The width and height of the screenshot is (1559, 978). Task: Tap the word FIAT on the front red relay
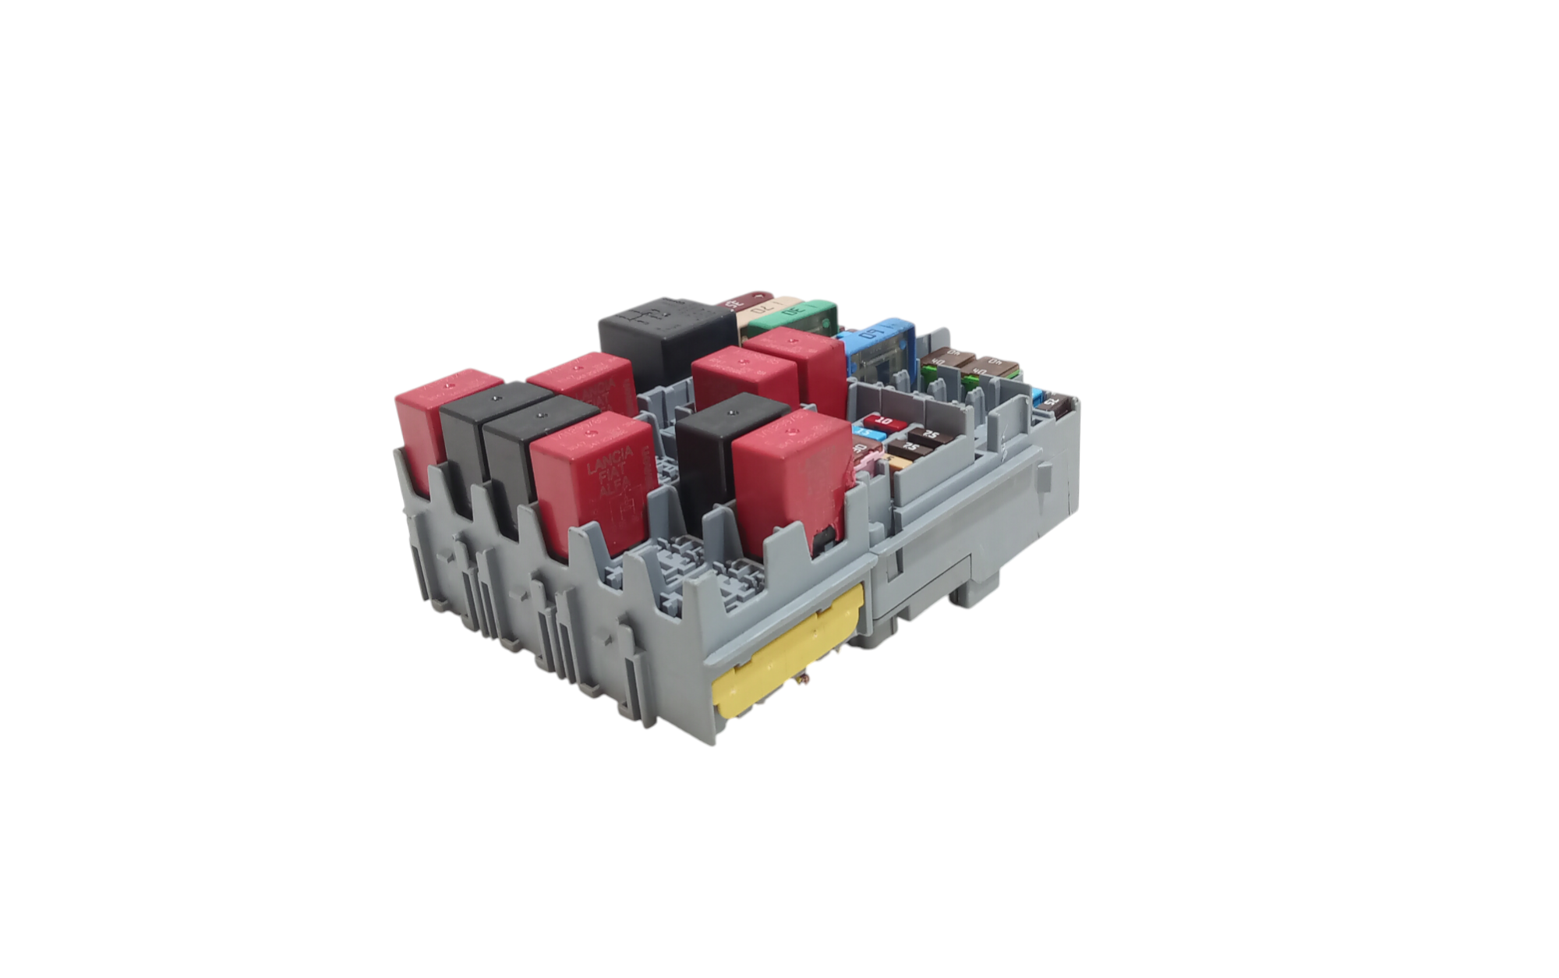coord(612,477)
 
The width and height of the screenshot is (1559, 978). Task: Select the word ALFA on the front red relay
coord(616,491)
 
